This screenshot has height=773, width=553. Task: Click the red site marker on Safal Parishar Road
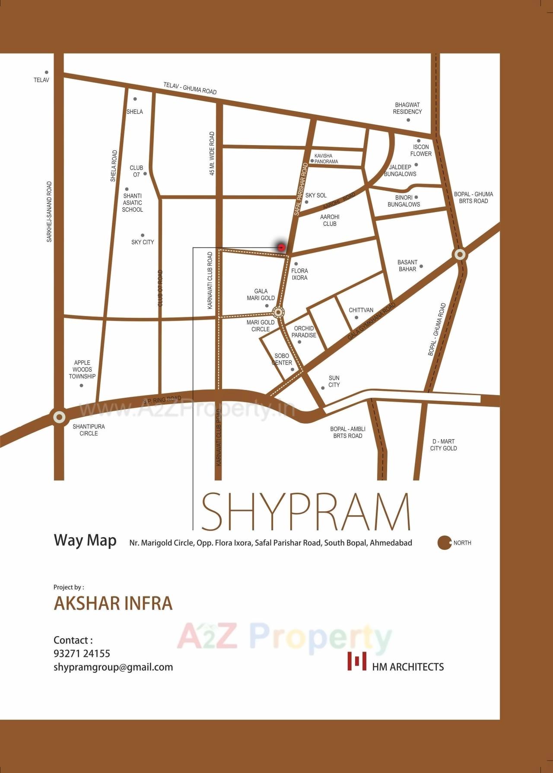coord(282,247)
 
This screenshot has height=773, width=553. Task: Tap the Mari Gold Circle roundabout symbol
coord(279,312)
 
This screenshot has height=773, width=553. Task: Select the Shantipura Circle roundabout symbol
coord(59,417)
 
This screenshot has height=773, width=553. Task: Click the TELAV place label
coord(42,80)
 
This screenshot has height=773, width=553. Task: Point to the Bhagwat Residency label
coord(407,108)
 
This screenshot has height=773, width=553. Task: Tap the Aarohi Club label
coord(330,220)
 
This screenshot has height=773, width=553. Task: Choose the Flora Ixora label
coord(299,274)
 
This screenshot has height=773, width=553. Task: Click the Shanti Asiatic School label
coord(132,203)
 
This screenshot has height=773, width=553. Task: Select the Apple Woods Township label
coord(82,369)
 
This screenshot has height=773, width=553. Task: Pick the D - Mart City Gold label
coord(443,445)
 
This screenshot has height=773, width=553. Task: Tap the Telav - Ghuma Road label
coord(190,89)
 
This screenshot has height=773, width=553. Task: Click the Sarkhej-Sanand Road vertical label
coord(49,212)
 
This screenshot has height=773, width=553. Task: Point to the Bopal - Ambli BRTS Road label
coord(348,432)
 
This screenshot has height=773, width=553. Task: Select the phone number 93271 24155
coord(82,653)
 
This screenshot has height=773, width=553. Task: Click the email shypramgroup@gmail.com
coord(113,667)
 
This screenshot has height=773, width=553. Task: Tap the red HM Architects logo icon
coord(357,661)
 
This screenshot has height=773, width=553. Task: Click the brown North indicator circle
coord(444,543)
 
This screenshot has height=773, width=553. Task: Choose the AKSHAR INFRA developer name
coord(113,603)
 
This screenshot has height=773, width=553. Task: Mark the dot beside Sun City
coord(323,388)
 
